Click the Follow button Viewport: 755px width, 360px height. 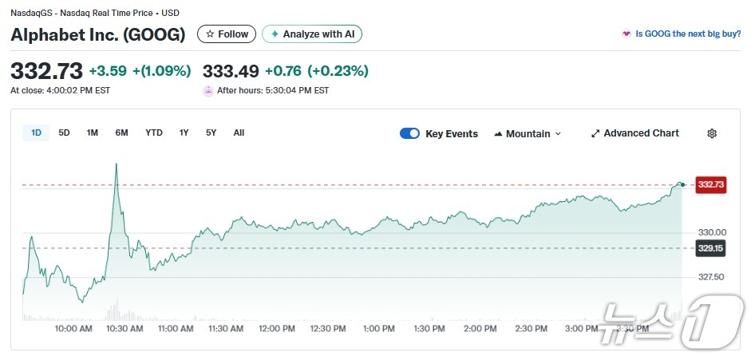(227, 34)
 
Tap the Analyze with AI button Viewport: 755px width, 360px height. (313, 34)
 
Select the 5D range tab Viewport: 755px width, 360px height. (64, 133)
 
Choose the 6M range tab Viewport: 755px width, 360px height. (121, 133)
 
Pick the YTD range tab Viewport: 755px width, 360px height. (154, 133)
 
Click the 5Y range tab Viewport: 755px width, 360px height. (211, 133)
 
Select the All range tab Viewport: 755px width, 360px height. (239, 133)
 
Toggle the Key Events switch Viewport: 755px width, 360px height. (409, 134)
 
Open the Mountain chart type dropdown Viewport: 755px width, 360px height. (528, 134)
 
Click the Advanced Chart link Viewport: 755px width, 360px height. (634, 133)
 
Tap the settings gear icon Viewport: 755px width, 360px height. (712, 134)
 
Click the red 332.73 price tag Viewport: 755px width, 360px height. (710, 184)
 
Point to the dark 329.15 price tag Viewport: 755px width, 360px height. (710, 248)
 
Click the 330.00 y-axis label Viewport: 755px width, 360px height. (710, 232)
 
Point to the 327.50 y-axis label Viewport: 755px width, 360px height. (710, 278)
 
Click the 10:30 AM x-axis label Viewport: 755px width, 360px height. (125, 329)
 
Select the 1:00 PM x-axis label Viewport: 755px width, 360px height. (378, 329)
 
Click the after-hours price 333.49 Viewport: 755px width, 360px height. (231, 71)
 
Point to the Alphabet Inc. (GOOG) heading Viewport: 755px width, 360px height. (97, 35)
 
